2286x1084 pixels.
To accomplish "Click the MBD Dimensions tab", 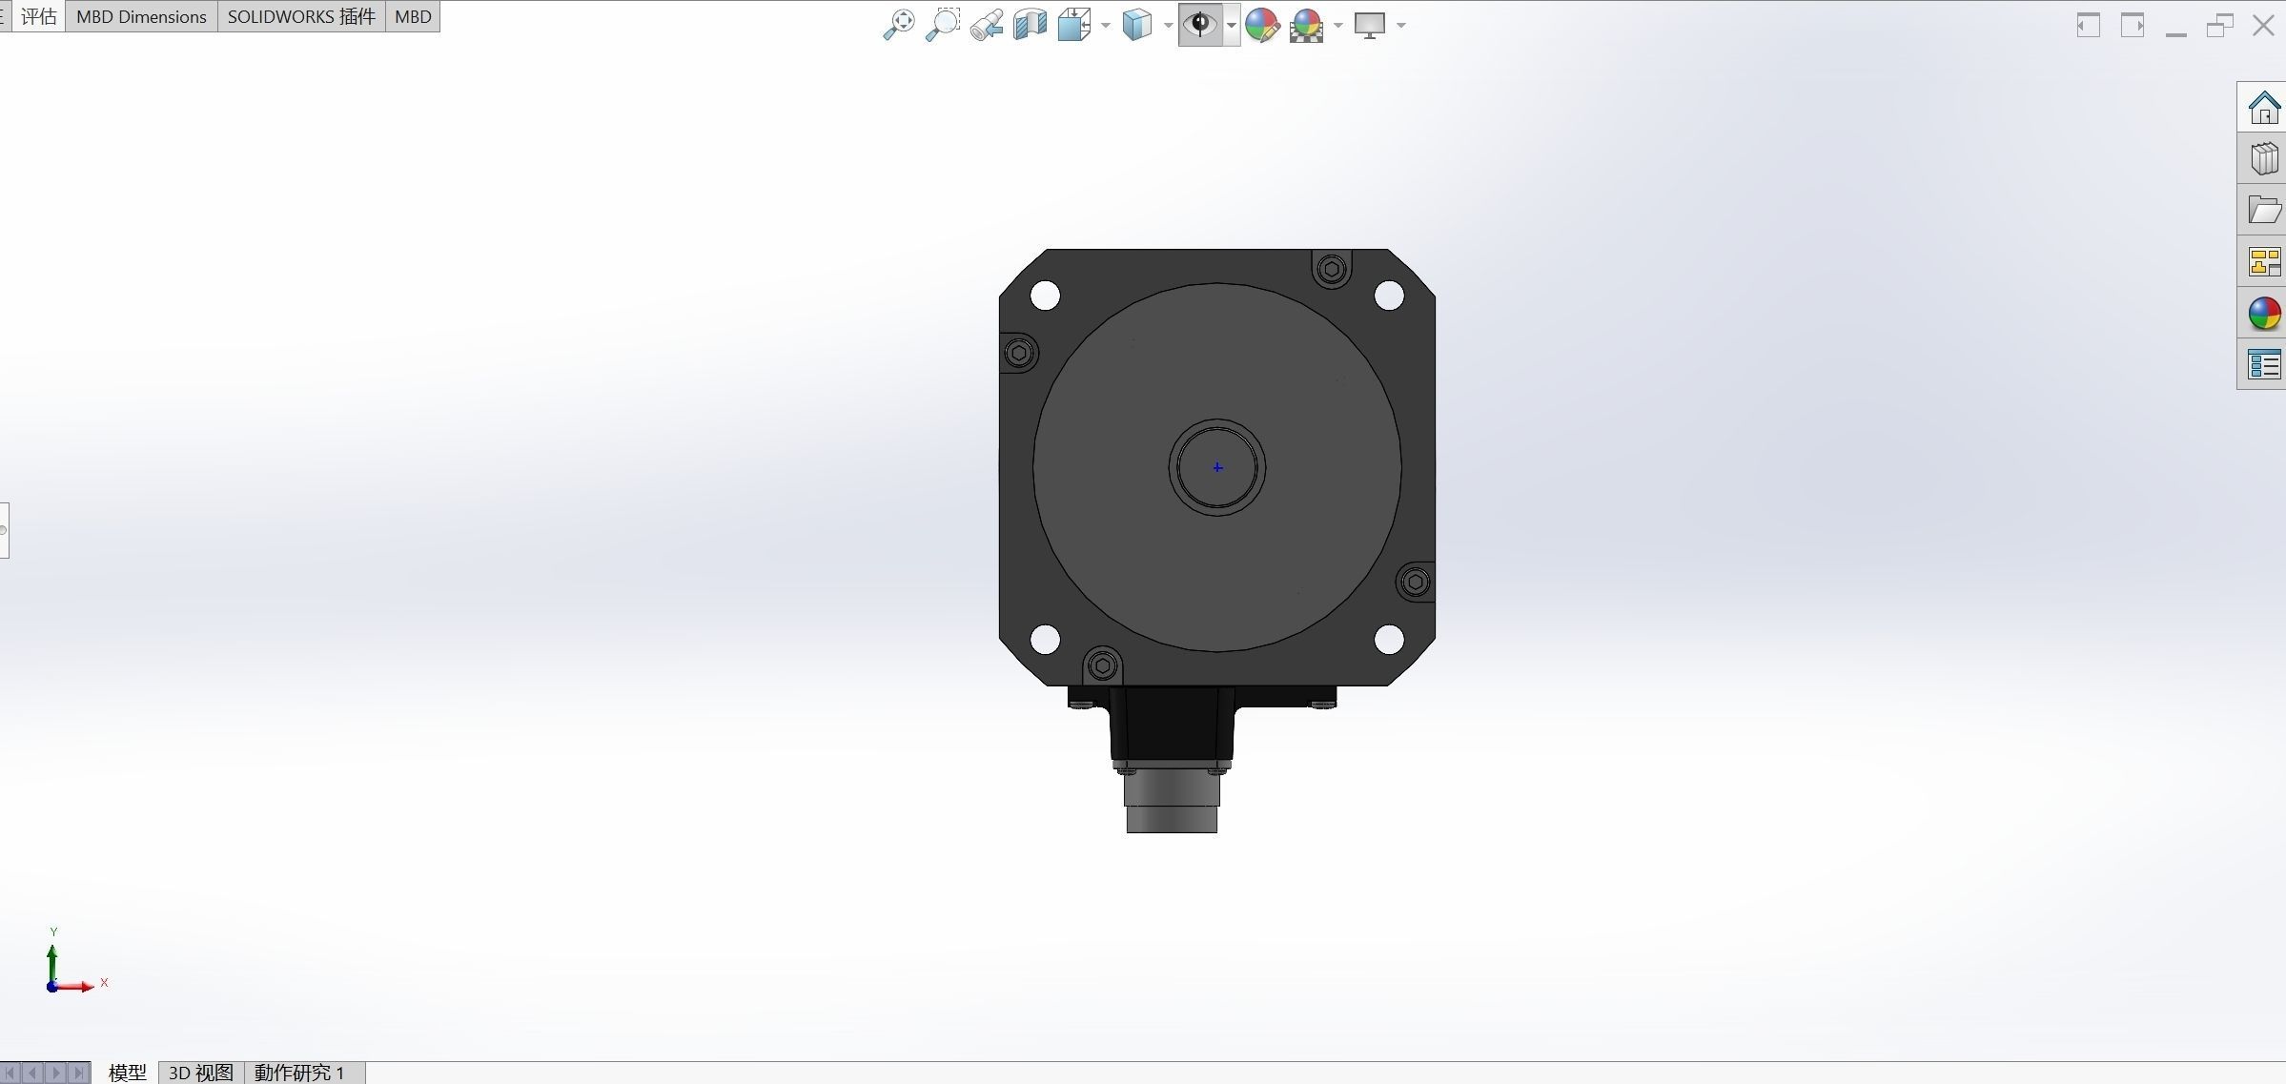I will tap(141, 16).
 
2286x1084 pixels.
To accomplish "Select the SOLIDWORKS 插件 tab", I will tap(301, 16).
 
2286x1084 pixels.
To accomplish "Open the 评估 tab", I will tap(38, 16).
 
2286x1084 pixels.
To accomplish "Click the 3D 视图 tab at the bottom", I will tap(200, 1073).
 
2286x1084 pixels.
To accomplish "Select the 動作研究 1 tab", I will tap(299, 1073).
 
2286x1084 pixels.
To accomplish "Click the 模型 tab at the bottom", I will tap(127, 1073).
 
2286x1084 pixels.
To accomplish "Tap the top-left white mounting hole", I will tap(1046, 296).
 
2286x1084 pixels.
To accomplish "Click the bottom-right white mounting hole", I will tap(1389, 639).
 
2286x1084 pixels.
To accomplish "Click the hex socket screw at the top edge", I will tap(1332, 270).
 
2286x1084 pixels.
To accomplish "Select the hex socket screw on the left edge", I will tap(1019, 354).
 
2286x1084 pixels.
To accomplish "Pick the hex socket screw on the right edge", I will tap(1416, 582).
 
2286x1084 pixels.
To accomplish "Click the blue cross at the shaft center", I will tap(1217, 467).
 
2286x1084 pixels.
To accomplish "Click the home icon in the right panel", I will tap(2264, 108).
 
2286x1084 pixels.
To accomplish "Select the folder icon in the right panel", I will tap(2264, 210).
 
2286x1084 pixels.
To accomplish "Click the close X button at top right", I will tap(2263, 26).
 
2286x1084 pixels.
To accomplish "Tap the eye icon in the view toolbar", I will tap(1200, 24).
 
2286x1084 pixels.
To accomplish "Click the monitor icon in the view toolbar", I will tap(1370, 25).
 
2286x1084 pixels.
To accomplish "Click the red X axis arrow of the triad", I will tap(82, 986).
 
